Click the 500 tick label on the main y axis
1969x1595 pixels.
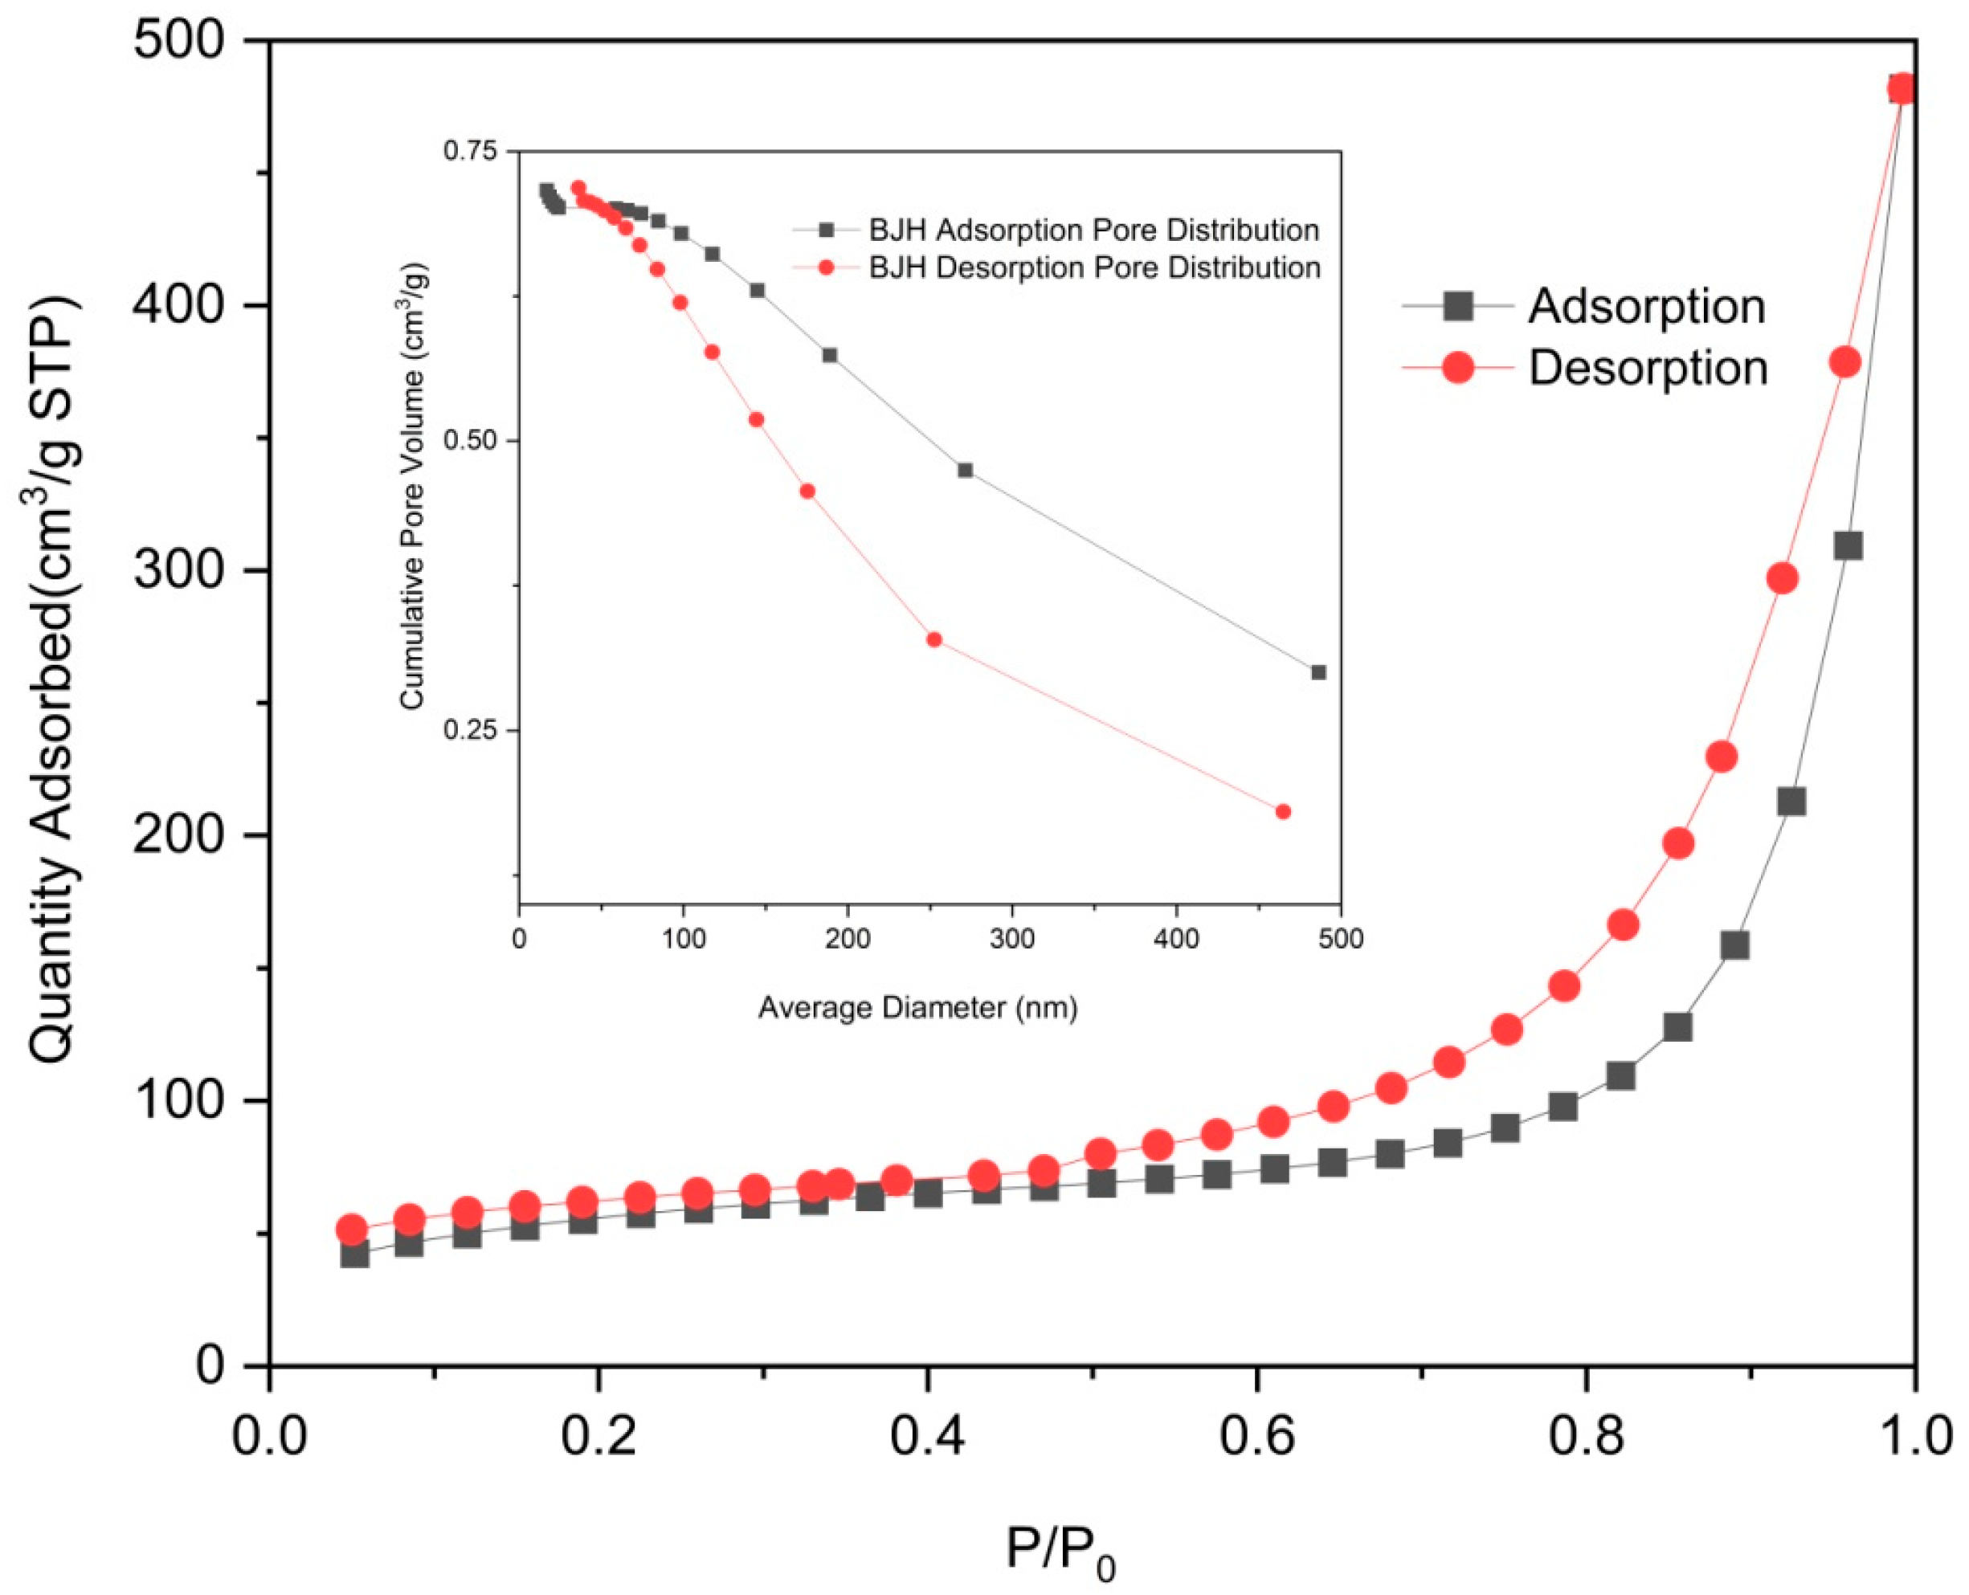(x=178, y=43)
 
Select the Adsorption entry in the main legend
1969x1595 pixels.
(x=1645, y=306)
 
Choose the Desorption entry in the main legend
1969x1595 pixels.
(x=1648, y=368)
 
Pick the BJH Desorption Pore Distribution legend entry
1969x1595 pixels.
(x=1094, y=267)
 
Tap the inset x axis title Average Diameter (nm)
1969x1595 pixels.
(x=917, y=1008)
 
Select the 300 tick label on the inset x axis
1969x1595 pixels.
(x=1011, y=939)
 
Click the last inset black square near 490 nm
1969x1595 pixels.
(x=1318, y=672)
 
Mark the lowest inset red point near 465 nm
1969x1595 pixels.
(x=1284, y=811)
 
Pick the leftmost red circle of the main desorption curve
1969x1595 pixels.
(x=351, y=1230)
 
